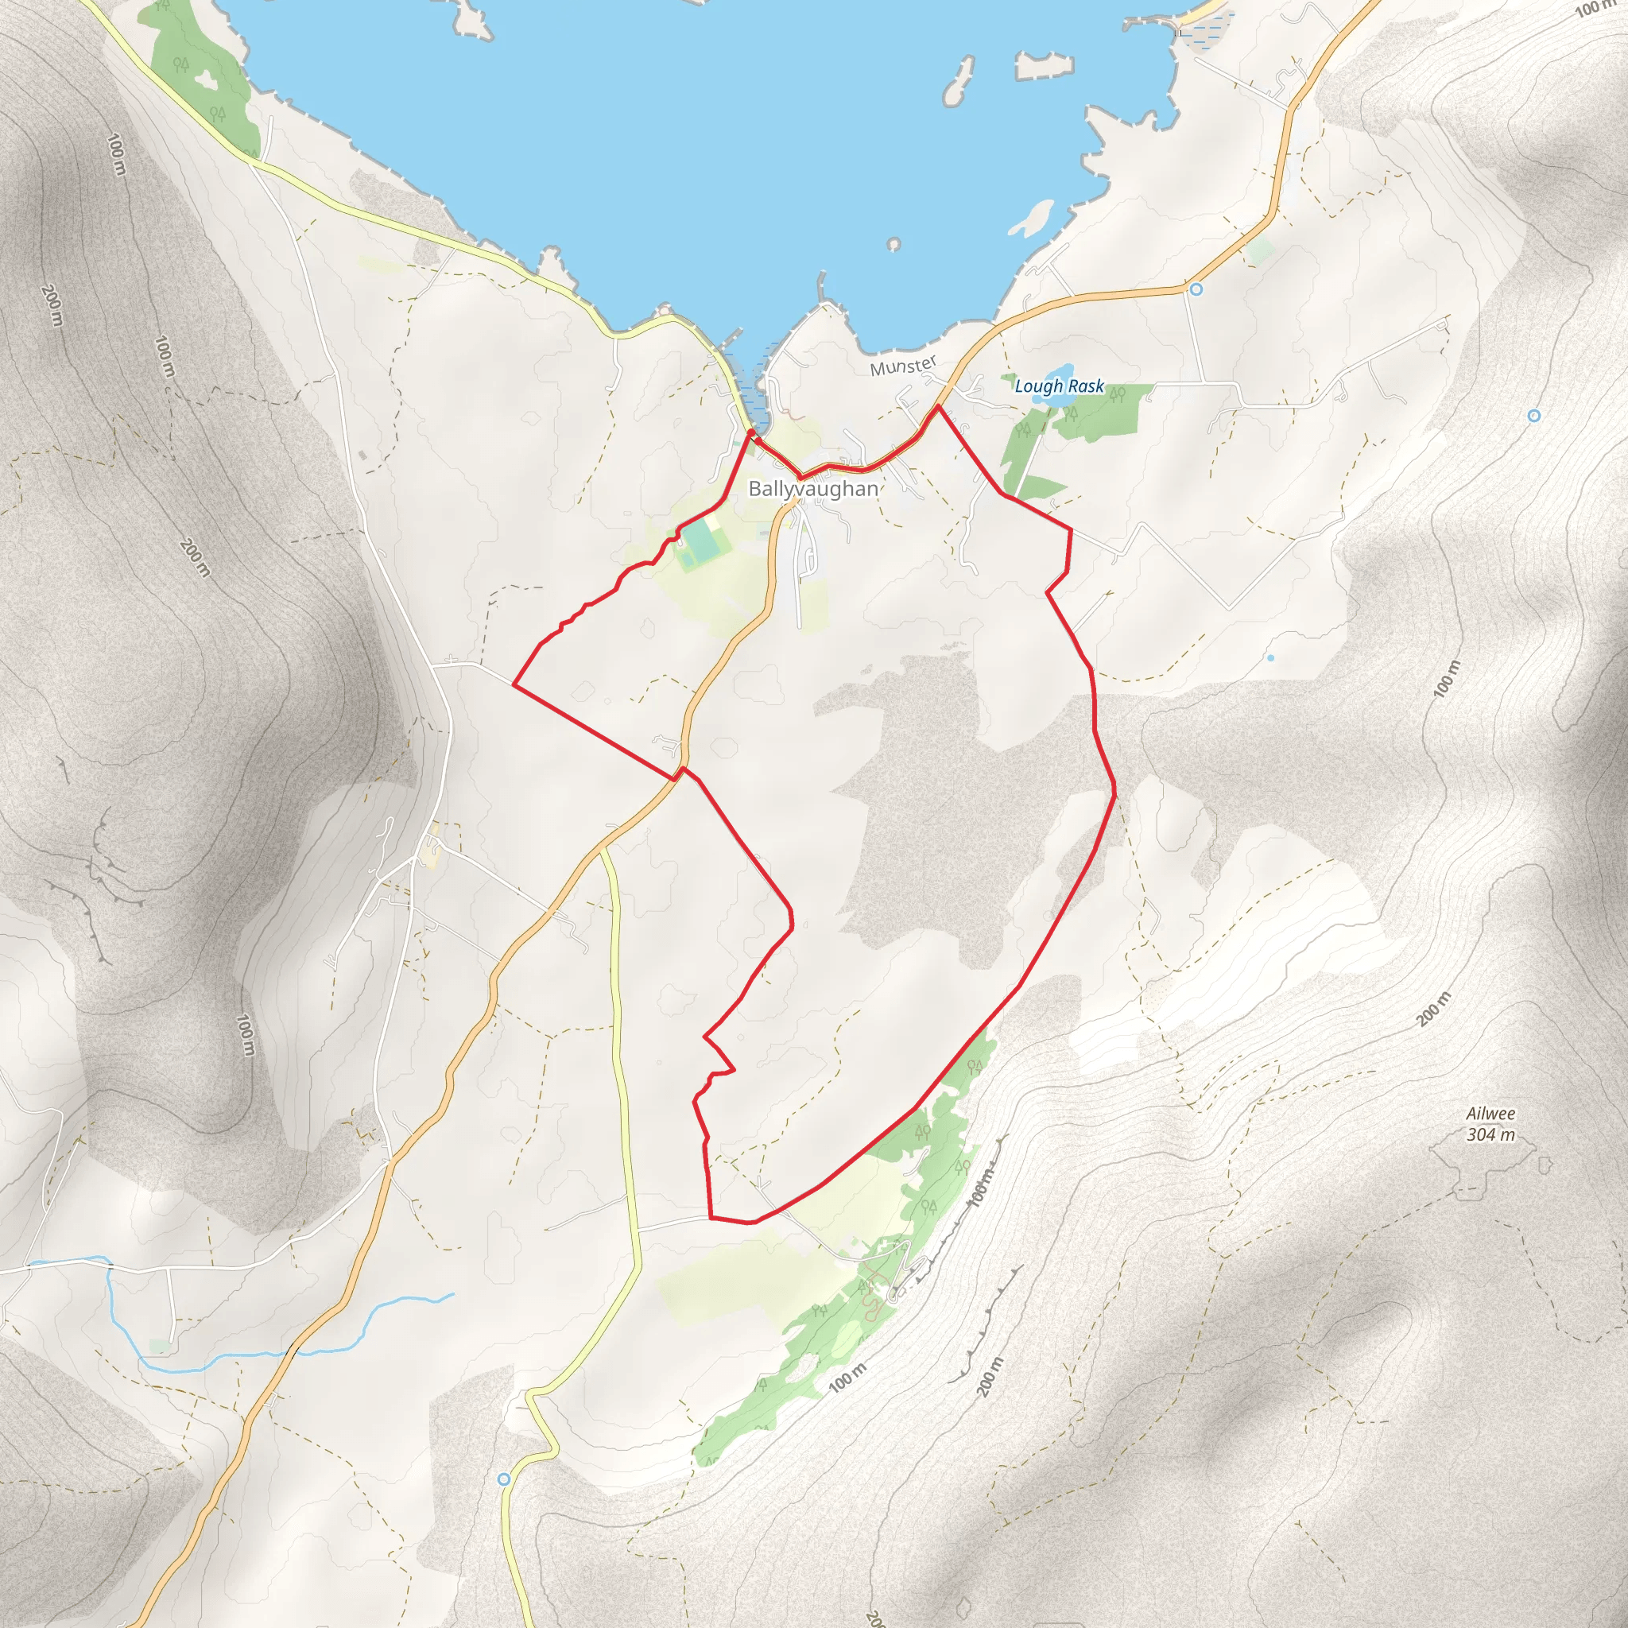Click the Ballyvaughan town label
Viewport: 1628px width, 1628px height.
click(x=812, y=489)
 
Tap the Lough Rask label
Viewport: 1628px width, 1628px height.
click(x=1058, y=386)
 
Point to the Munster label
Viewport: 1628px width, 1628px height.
click(x=903, y=366)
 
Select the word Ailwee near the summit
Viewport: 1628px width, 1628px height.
click(x=1490, y=1113)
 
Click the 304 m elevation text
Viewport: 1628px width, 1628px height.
click(x=1490, y=1134)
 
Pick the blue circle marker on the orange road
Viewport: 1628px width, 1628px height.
click(x=1196, y=289)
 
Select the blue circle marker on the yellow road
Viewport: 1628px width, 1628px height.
click(x=504, y=1479)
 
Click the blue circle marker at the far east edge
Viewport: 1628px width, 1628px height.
click(x=1533, y=416)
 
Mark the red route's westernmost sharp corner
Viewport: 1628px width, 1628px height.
click(x=514, y=685)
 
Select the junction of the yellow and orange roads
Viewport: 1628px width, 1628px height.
click(x=602, y=847)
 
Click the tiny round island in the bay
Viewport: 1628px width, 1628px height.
click(x=893, y=244)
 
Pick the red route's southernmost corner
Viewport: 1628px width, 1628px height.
click(x=713, y=1219)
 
